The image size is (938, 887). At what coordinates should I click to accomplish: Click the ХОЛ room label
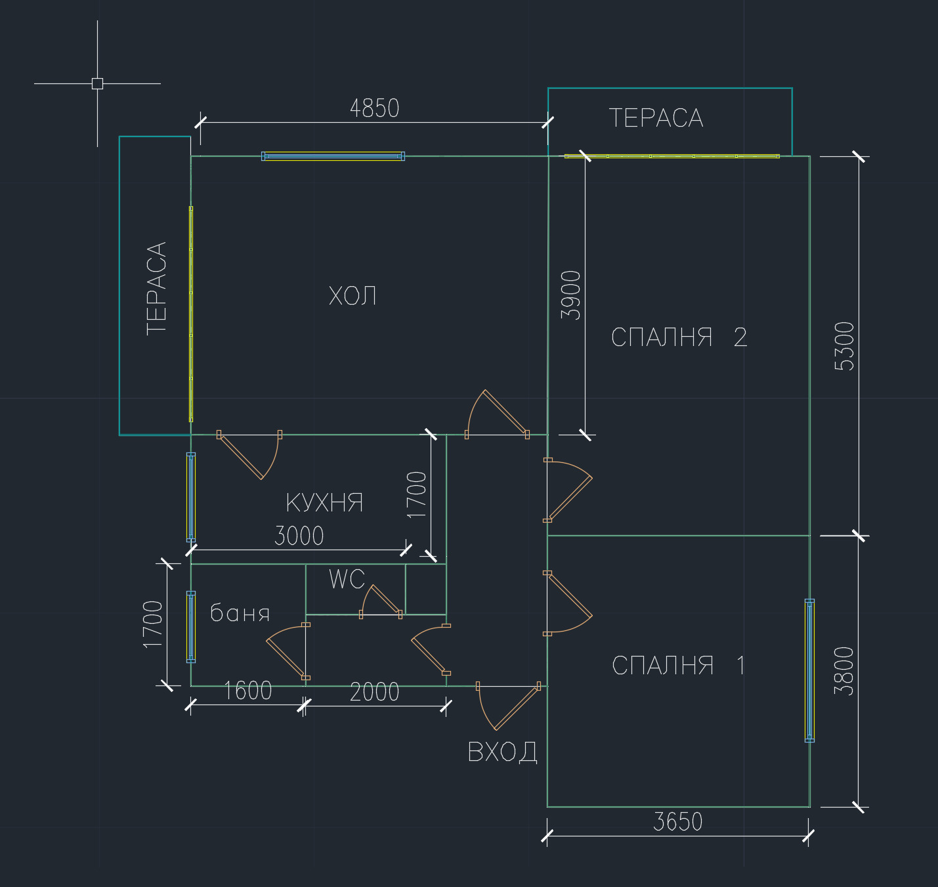(352, 296)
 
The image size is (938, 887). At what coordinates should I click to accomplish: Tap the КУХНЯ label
(324, 503)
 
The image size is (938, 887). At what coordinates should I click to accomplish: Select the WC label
(347, 579)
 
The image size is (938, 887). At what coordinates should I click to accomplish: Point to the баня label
(240, 613)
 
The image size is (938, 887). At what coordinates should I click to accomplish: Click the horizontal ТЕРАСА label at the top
(656, 118)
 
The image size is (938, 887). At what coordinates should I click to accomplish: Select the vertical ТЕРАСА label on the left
(157, 288)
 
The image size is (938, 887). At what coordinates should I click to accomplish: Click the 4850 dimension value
(374, 108)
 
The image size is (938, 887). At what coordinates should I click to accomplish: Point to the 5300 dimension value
(845, 346)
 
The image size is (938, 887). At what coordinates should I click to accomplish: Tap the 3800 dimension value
(844, 671)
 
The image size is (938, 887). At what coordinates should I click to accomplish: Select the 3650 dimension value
(677, 822)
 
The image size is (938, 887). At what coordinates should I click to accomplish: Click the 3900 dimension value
(571, 295)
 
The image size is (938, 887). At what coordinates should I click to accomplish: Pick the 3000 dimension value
(299, 536)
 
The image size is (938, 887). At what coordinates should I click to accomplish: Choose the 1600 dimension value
(247, 691)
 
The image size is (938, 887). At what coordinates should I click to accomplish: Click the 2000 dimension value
(374, 692)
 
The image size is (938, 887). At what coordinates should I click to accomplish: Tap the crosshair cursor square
(97, 83)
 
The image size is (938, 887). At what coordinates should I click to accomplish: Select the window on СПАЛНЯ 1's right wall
(809, 670)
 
